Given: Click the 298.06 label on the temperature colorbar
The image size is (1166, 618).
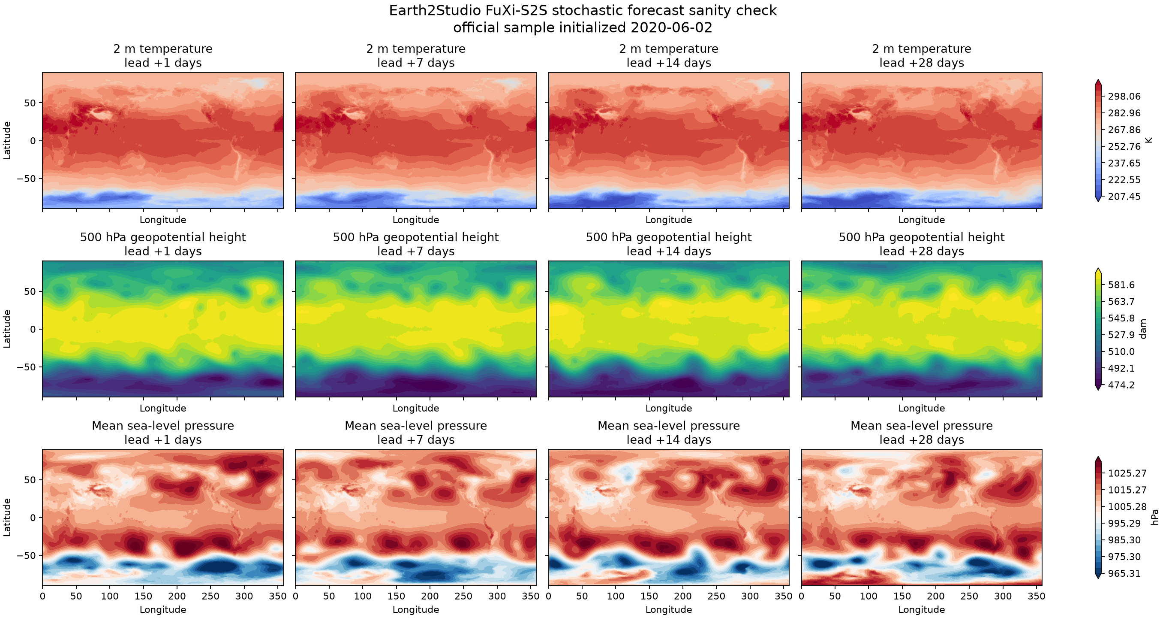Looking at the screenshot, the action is pyautogui.click(x=1124, y=96).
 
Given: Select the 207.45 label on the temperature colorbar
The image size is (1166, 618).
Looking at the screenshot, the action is pyautogui.click(x=1124, y=196).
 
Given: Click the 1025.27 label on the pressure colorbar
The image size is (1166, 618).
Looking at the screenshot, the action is pyautogui.click(x=1127, y=473).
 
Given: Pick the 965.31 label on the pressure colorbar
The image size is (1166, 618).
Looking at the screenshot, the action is pyautogui.click(x=1124, y=573).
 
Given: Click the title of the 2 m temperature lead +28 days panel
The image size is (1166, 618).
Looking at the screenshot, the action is pyautogui.click(x=922, y=56).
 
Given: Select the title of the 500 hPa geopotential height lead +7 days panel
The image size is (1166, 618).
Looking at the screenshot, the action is pyautogui.click(x=415, y=244).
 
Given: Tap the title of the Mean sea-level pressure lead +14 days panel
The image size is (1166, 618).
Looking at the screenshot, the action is pyautogui.click(x=669, y=433).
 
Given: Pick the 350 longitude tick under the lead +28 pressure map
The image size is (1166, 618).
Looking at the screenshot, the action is pyautogui.click(x=1037, y=596).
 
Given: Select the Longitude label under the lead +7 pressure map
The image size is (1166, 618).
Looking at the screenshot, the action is pyautogui.click(x=415, y=609).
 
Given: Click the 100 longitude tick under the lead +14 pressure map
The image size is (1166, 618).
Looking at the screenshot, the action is pyautogui.click(x=616, y=596).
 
